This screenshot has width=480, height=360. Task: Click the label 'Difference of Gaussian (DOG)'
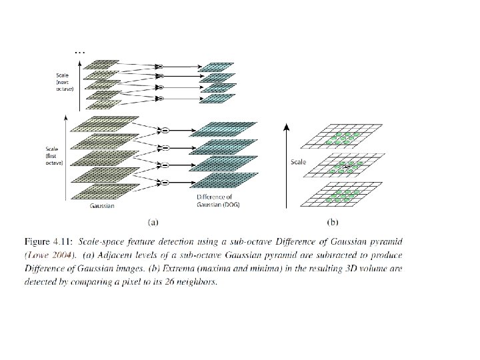(217, 201)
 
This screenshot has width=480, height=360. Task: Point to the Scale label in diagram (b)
(298, 161)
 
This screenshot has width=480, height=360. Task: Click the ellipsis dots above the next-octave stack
(79, 51)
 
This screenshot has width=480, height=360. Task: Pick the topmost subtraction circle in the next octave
(159, 67)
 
